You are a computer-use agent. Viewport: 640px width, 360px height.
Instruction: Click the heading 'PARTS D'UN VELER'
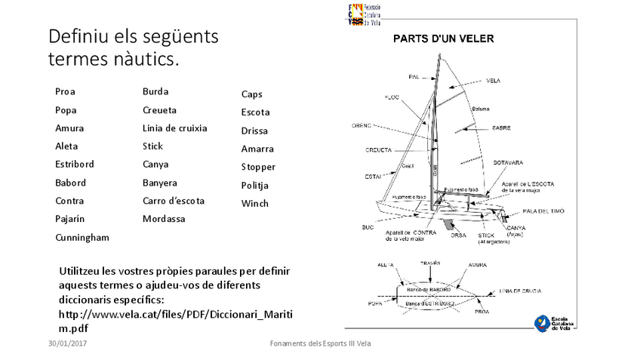click(x=443, y=38)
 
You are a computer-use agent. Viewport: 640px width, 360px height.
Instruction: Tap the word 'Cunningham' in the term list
click(x=82, y=238)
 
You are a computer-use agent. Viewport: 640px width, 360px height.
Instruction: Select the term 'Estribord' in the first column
click(x=75, y=165)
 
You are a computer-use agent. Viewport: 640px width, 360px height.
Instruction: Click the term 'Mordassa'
click(x=164, y=220)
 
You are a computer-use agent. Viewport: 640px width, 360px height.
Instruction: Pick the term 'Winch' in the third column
click(x=254, y=204)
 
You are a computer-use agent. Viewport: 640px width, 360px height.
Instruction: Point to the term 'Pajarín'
click(x=70, y=220)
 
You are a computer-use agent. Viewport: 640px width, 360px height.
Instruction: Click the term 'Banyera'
click(x=160, y=183)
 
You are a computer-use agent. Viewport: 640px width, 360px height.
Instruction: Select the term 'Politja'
click(x=255, y=186)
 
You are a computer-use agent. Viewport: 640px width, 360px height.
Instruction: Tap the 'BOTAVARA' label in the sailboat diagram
click(x=508, y=163)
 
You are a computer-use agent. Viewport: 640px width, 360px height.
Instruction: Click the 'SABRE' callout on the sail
click(x=501, y=128)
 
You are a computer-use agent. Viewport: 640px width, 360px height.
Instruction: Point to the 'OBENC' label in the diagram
click(x=362, y=125)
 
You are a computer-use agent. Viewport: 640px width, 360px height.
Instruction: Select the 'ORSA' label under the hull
click(x=458, y=235)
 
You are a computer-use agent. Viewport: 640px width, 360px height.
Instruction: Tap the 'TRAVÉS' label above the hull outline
click(x=430, y=263)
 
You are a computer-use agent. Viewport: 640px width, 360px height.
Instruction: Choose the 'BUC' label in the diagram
click(x=368, y=227)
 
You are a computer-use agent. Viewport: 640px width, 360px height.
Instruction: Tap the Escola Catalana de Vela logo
click(x=555, y=322)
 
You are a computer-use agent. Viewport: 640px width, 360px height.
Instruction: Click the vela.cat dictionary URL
click(x=175, y=321)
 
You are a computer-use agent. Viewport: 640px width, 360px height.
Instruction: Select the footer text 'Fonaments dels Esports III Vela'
click(x=320, y=344)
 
